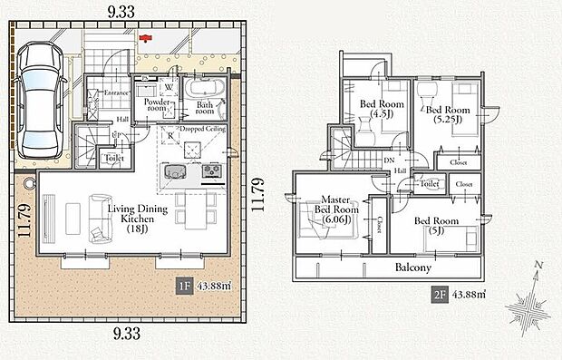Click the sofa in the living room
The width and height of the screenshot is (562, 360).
[96, 219]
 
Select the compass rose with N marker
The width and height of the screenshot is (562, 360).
[527, 305]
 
